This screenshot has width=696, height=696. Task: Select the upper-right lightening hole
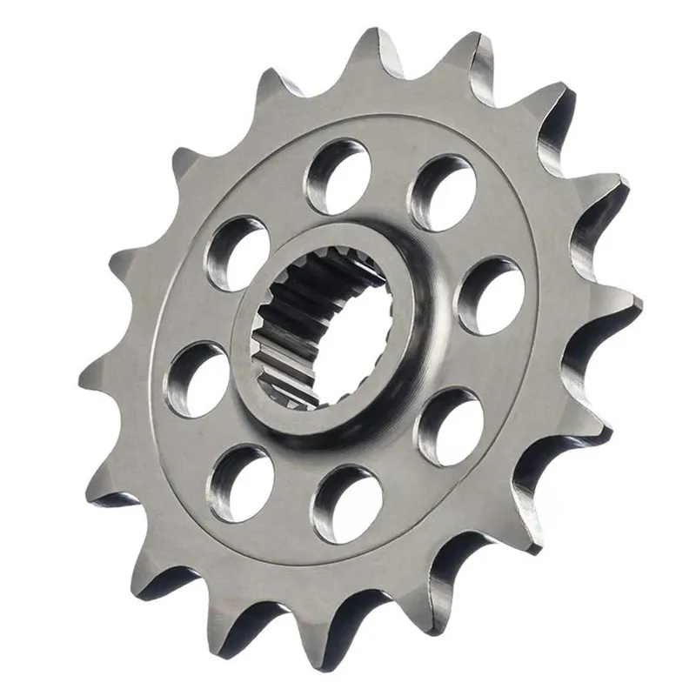pos(443,192)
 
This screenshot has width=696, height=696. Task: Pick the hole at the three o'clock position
pos(490,296)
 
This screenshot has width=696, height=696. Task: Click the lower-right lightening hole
pos(449,425)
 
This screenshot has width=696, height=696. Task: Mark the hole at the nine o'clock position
pos(198,378)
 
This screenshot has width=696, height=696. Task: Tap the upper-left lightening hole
pos(236,253)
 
